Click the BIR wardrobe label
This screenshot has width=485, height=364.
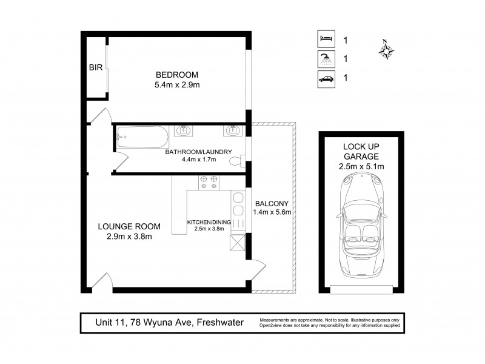tap(96, 69)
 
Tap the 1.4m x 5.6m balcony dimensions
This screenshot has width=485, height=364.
tap(272, 212)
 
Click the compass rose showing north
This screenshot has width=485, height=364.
tap(386, 49)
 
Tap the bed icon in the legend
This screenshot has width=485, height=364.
tap(326, 39)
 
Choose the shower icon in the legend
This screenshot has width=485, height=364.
tap(326, 59)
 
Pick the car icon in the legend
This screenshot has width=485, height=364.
tap(326, 78)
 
